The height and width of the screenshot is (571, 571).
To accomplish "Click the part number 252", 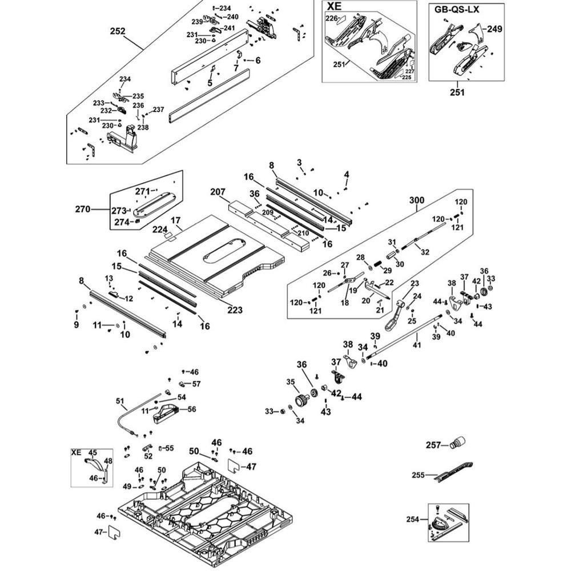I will (x=117, y=32).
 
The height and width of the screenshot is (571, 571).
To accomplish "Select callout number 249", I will (x=494, y=29).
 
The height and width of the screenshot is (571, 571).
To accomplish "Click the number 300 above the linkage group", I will (x=417, y=200).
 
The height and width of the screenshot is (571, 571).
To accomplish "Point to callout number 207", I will (x=218, y=192).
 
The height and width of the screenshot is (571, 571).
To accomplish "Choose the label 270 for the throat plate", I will (x=83, y=210).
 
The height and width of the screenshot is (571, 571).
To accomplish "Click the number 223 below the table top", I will (x=235, y=310).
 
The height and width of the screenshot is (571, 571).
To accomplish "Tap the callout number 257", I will (x=434, y=445).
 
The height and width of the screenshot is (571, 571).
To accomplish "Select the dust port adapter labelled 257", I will (x=458, y=442).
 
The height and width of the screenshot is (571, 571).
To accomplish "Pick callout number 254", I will (x=413, y=519).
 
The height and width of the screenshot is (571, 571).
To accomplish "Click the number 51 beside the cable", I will (x=120, y=401).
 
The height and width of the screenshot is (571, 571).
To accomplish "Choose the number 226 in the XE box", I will (x=332, y=19).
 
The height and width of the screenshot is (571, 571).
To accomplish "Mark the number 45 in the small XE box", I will (x=93, y=452).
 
